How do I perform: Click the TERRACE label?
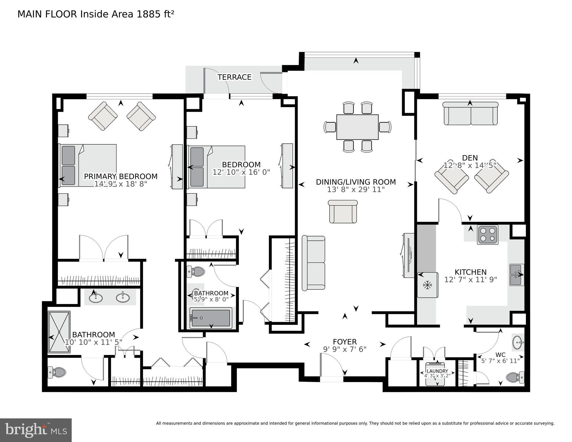click(x=234, y=77)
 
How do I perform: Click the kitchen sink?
click(x=517, y=275)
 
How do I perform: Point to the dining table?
click(x=357, y=127)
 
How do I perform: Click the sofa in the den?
click(x=470, y=114)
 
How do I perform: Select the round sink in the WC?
click(x=518, y=342)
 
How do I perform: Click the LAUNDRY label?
click(x=437, y=371)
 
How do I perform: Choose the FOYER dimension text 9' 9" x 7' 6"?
click(x=345, y=349)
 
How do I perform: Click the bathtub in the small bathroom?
click(x=211, y=318)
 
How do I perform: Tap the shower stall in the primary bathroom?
click(x=59, y=332)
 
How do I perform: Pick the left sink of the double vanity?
click(x=96, y=297)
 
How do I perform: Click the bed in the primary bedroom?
click(x=88, y=165)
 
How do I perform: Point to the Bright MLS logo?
click(x=36, y=430)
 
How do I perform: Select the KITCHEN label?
click(x=470, y=272)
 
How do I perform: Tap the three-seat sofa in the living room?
click(x=313, y=263)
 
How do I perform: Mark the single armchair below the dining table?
click(x=343, y=212)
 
